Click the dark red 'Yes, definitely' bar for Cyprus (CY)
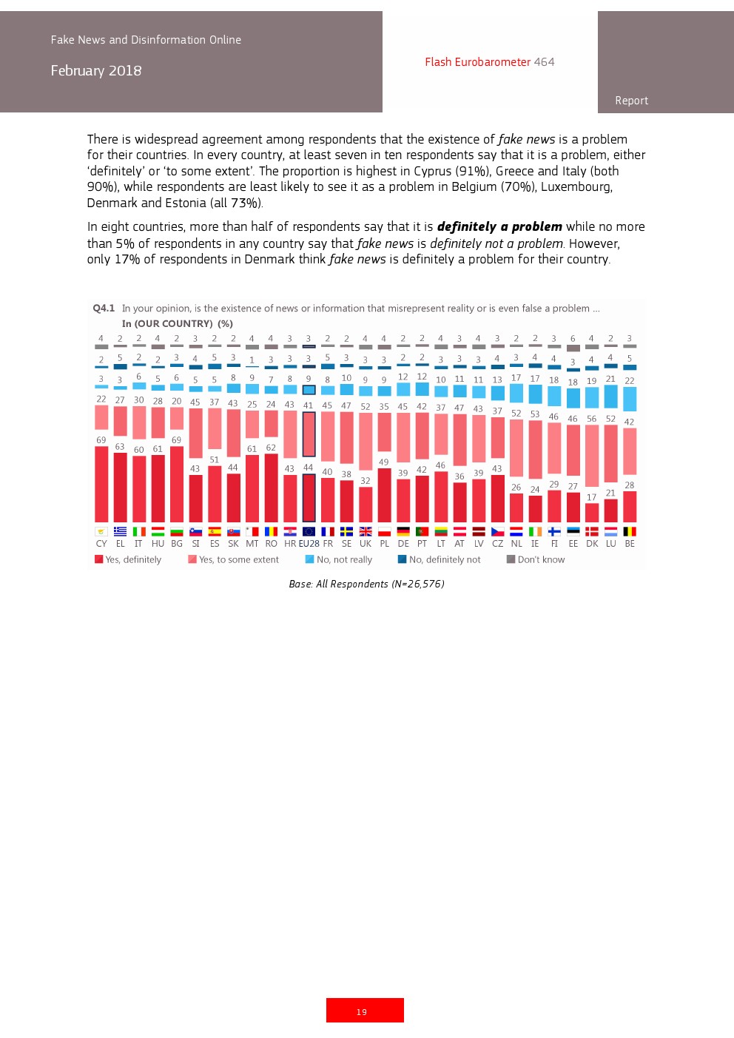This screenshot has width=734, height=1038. click(101, 485)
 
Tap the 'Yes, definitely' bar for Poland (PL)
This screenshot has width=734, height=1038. click(384, 496)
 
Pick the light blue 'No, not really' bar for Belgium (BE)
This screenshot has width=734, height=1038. click(630, 399)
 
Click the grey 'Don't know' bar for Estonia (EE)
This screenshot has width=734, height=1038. click(573, 348)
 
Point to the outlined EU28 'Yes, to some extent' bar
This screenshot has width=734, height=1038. click(309, 434)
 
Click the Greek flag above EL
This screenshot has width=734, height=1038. click(120, 531)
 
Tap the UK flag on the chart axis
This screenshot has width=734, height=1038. click(366, 531)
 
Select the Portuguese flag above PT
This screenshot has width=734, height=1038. click(422, 531)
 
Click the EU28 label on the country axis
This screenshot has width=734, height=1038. click(309, 544)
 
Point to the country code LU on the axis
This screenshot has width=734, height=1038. click(610, 544)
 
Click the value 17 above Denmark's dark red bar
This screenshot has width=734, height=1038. click(591, 498)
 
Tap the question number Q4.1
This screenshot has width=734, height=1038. click(104, 309)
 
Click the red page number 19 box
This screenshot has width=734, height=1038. click(365, 1011)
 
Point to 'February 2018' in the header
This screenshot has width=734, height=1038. click(96, 71)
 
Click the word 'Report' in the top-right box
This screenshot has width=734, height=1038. click(631, 101)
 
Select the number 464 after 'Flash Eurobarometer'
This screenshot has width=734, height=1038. click(544, 62)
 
